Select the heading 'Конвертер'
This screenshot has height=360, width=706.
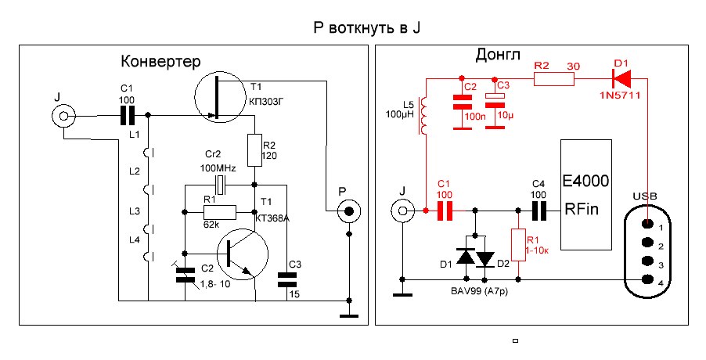[161, 62]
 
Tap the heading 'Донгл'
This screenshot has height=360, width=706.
[498, 56]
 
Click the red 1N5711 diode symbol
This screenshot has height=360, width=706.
[623, 78]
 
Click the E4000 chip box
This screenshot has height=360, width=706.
[585, 195]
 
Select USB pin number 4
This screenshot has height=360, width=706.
[647, 279]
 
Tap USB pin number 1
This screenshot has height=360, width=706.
[647, 227]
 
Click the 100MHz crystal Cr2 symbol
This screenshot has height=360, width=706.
[222, 185]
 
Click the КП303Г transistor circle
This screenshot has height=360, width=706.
[222, 98]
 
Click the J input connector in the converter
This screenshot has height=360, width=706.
[63, 117]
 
